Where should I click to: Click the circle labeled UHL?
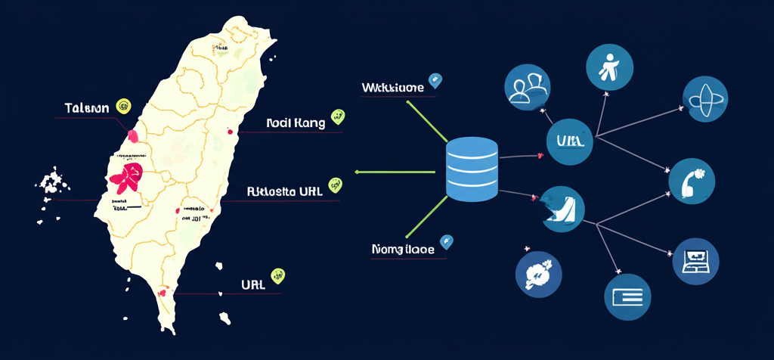569,141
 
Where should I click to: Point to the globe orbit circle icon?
704,99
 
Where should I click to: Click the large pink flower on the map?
125,178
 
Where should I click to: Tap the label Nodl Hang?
296,123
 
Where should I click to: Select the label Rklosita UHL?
284,191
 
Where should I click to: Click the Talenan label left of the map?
87,107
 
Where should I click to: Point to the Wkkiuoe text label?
392,87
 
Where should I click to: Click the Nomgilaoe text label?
402,249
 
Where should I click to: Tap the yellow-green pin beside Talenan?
123,105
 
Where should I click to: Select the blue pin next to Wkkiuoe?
435,79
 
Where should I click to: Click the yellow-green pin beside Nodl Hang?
337,117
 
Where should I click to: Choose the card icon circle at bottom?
628,295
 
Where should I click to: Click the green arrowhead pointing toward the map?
358,172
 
